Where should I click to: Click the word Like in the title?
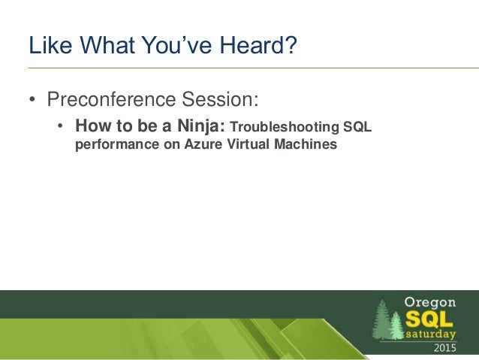pyautogui.click(x=50, y=45)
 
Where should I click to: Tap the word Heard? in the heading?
pyautogui.click(x=258, y=45)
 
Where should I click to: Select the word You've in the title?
pyautogui.click(x=177, y=45)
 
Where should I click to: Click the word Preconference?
pyautogui.click(x=111, y=98)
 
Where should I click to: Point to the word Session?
pyautogui.click(x=220, y=98)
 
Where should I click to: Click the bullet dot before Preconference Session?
pyautogui.click(x=32, y=99)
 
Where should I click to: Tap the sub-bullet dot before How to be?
pyautogui.click(x=60, y=126)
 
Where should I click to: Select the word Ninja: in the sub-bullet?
pyautogui.click(x=201, y=126)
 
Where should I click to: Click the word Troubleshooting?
pyautogui.click(x=285, y=127)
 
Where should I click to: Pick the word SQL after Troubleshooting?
pyautogui.click(x=357, y=126)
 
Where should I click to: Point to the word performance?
pyautogui.click(x=117, y=144)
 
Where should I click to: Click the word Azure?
pyautogui.click(x=203, y=144)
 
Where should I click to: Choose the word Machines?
pyautogui.click(x=306, y=144)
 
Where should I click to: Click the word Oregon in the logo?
pyautogui.click(x=430, y=302)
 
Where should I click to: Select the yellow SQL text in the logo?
pyautogui.click(x=429, y=319)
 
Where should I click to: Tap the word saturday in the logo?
pyautogui.click(x=431, y=334)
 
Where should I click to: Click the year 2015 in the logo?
pyautogui.click(x=445, y=348)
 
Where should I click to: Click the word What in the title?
pyautogui.click(x=107, y=45)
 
